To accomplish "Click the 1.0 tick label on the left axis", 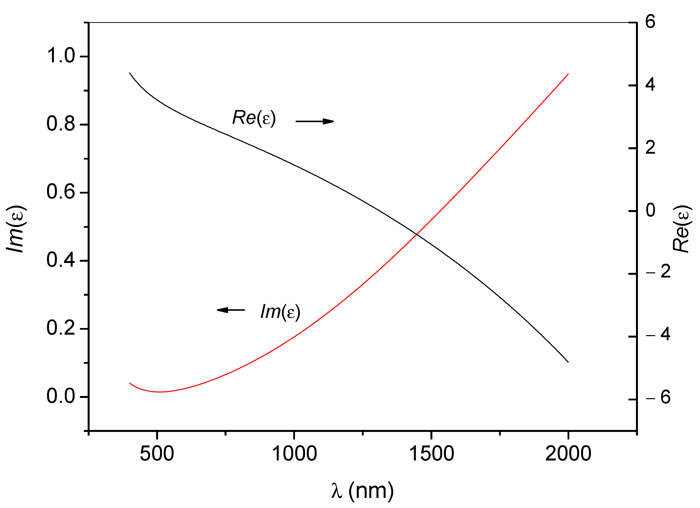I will (61, 56).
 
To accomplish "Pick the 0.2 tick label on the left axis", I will (61, 328).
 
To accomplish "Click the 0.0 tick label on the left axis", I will (61, 396).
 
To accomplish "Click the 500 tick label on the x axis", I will (157, 454).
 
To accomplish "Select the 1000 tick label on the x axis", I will (294, 454).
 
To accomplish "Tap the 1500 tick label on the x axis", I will (431, 454).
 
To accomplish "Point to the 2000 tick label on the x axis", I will (568, 454).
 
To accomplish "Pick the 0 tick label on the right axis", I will (650, 210).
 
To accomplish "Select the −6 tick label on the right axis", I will (658, 397).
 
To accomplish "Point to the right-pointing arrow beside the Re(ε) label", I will (315, 121).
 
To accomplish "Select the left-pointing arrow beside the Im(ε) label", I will (231, 310).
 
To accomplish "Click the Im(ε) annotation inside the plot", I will (280, 312).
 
